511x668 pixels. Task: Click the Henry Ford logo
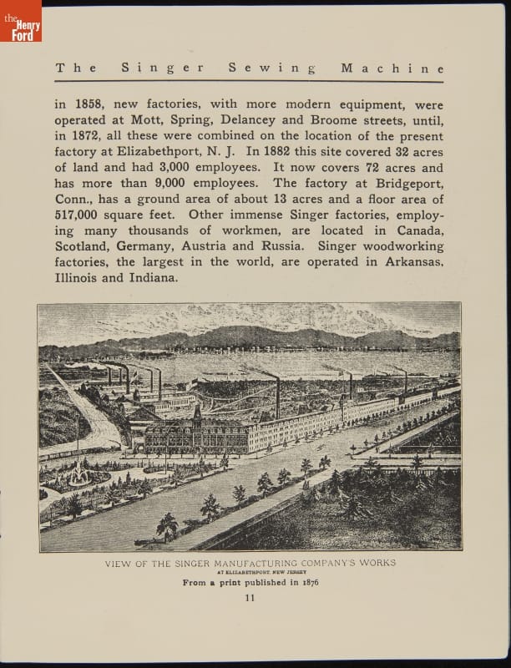click(21, 21)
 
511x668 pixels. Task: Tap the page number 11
click(250, 597)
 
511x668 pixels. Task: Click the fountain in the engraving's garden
click(81, 473)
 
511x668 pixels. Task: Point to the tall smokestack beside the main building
click(277, 398)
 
